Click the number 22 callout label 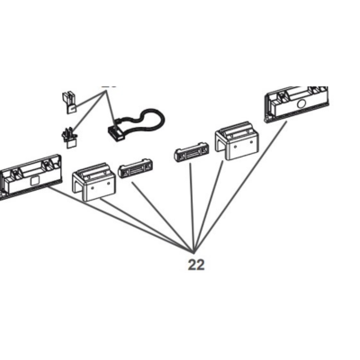[x=196, y=265]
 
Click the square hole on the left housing [x=35, y=181]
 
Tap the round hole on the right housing [x=301, y=104]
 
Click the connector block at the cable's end [x=116, y=133]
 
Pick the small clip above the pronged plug [x=69, y=103]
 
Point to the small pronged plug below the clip [x=69, y=139]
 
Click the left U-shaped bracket [x=94, y=182]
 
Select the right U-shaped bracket [x=237, y=141]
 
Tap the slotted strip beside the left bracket [x=135, y=171]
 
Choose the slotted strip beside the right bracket [x=191, y=154]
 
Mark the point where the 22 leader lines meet [x=193, y=252]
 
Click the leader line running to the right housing [x=240, y=186]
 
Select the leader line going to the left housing [x=121, y=219]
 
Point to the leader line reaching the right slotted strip [x=192, y=207]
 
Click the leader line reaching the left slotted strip [x=163, y=217]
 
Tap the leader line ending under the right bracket [x=209, y=206]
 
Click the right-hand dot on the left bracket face [x=107, y=184]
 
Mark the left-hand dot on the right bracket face [x=235, y=147]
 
